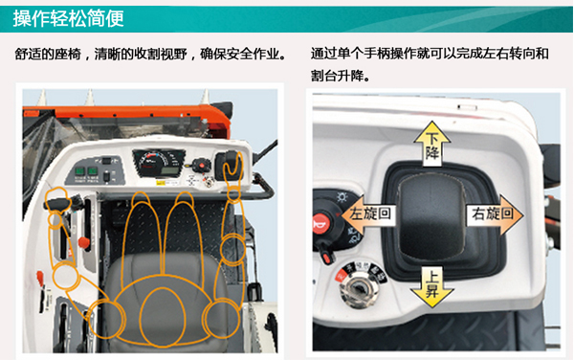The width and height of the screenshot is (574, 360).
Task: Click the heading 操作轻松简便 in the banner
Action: tap(69, 18)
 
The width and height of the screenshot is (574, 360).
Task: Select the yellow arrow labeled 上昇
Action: tap(432, 285)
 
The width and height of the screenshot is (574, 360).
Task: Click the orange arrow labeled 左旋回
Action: tap(368, 214)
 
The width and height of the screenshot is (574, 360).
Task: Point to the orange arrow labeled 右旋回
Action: tap(495, 214)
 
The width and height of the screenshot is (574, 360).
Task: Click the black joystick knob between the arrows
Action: tap(431, 216)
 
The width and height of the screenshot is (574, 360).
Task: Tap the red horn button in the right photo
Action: tap(321, 223)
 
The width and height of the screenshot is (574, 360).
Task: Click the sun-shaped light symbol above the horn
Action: tap(342, 198)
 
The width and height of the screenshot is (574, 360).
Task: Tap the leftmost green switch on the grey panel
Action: tap(80, 171)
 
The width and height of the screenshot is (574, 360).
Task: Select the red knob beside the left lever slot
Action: tap(84, 242)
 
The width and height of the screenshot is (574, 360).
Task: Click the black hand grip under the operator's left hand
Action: tap(57, 203)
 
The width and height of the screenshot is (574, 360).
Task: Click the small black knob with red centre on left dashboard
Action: tap(200, 166)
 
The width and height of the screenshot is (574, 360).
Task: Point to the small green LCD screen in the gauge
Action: tap(170, 170)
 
